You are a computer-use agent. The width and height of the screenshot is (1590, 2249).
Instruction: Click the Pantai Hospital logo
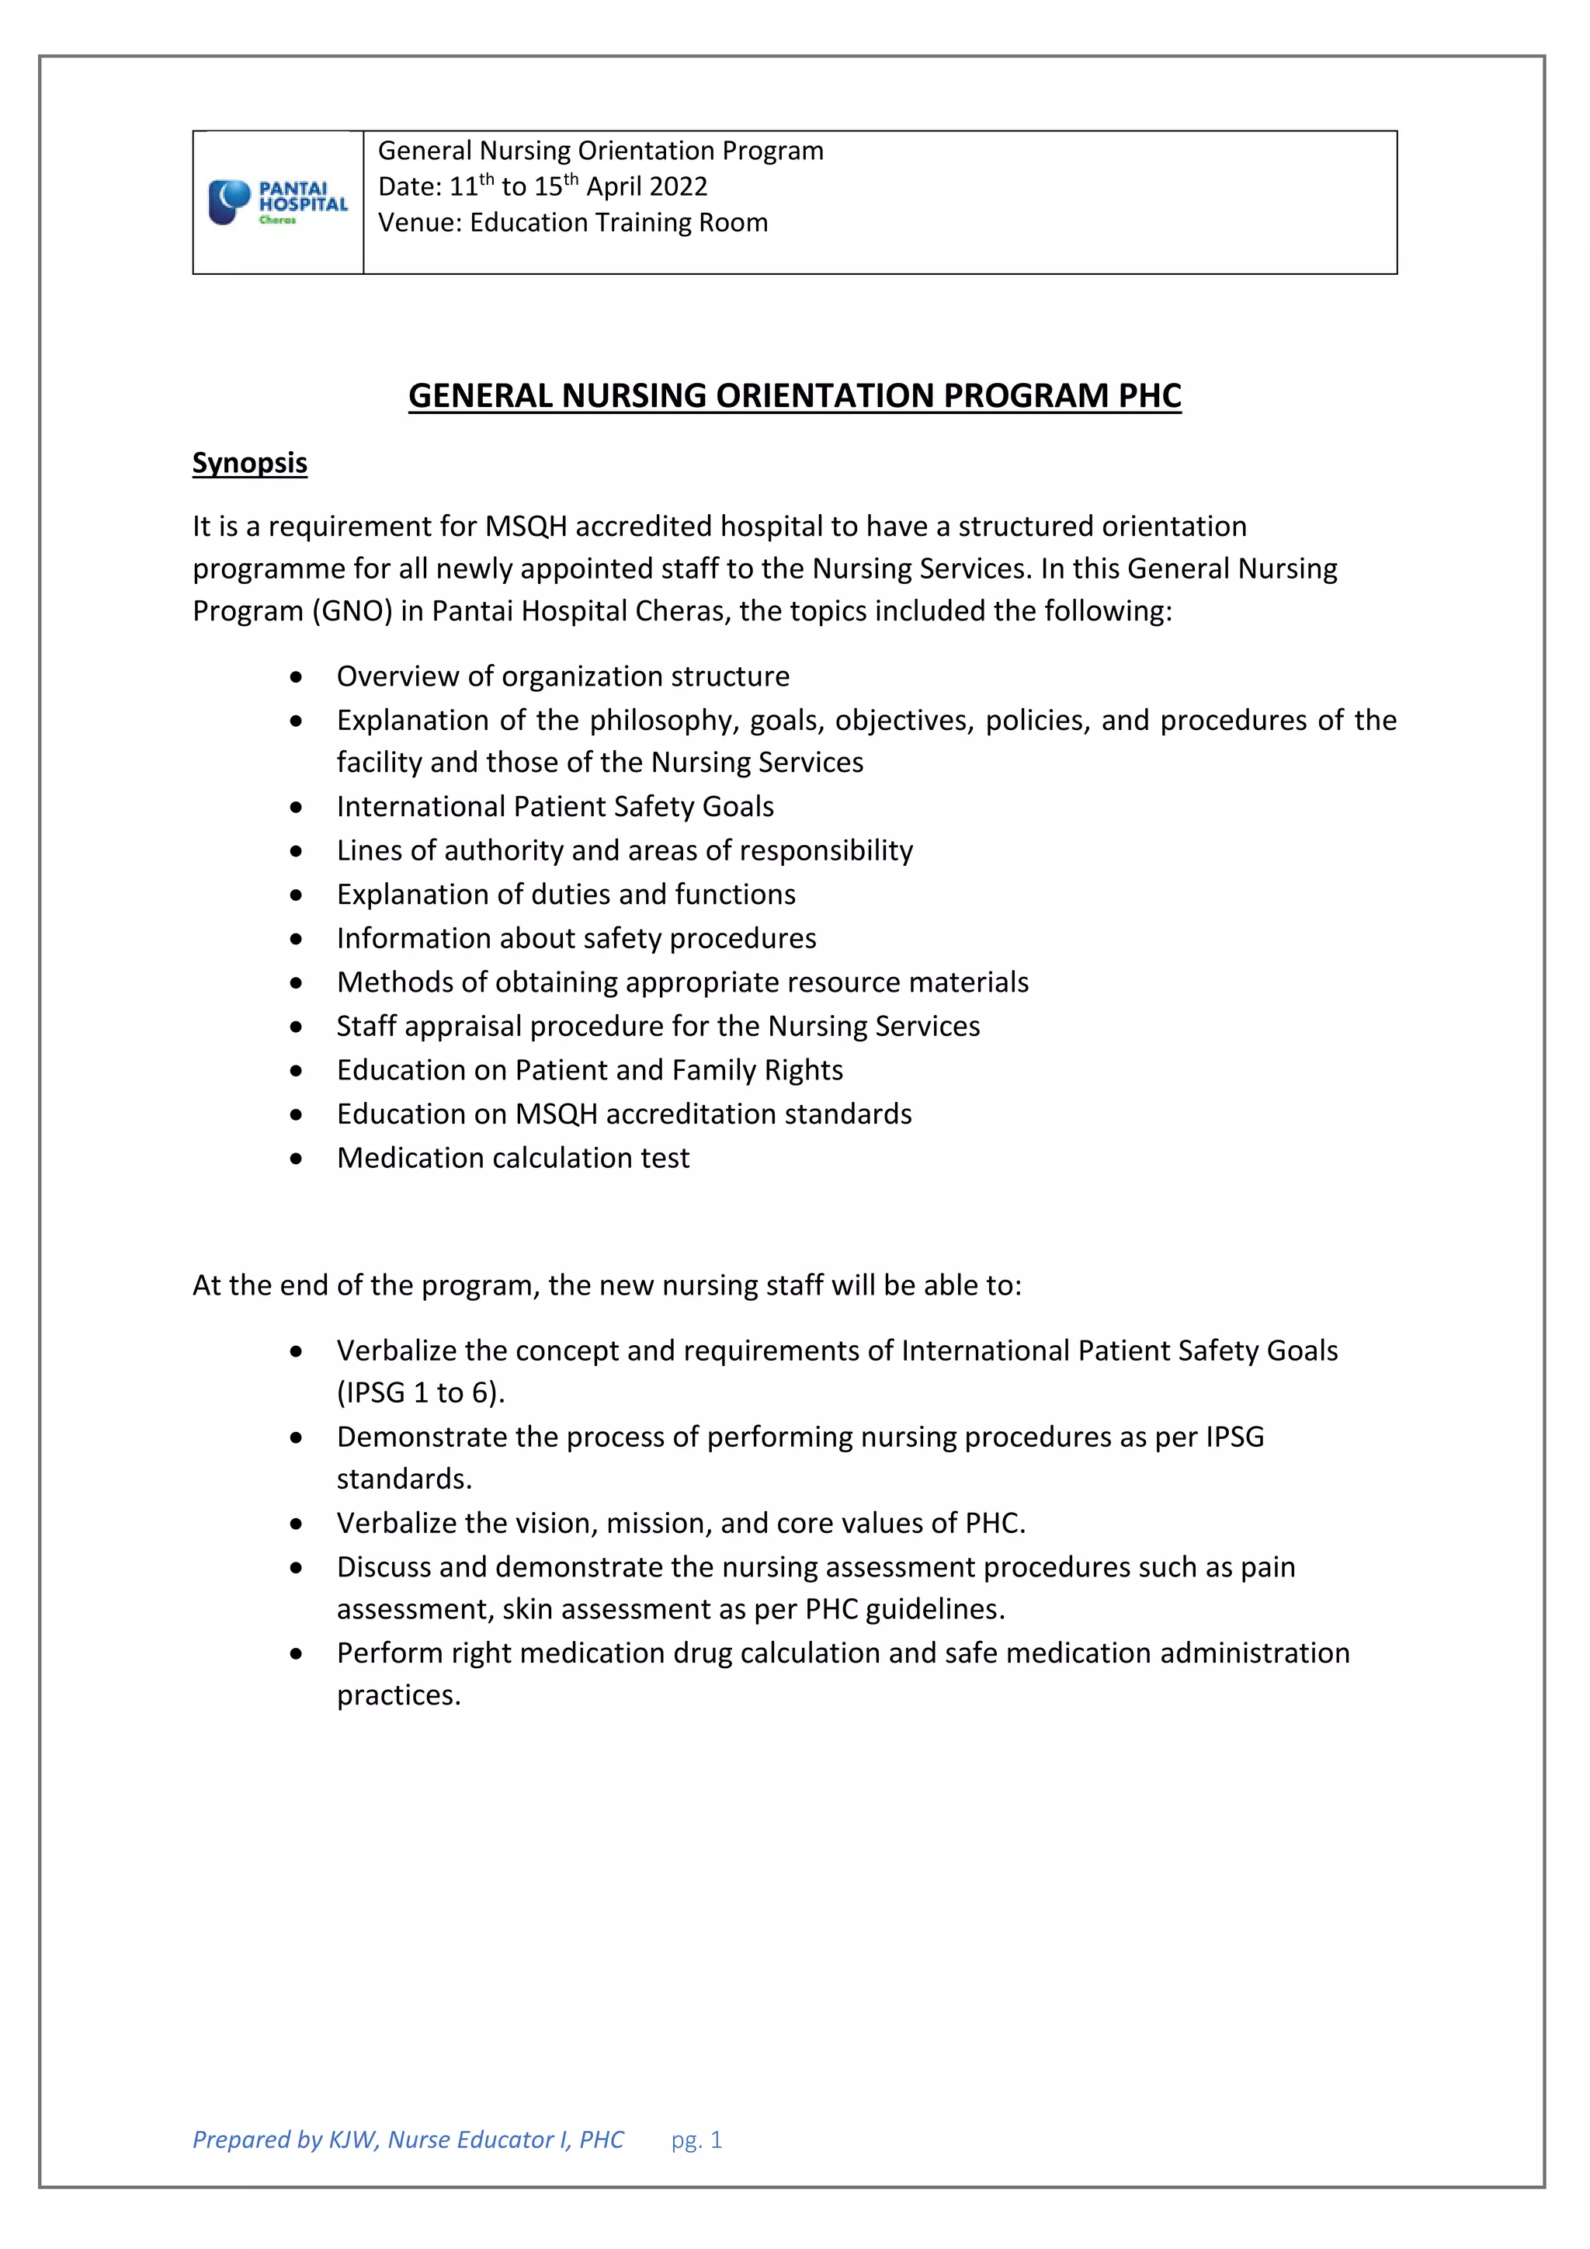[x=277, y=203]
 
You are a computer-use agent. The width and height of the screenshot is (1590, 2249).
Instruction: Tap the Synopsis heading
[x=250, y=462]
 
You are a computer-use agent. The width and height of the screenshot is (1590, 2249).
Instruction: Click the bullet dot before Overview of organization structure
[x=296, y=677]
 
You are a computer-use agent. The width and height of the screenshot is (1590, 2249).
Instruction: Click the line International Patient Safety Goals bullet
[x=555, y=806]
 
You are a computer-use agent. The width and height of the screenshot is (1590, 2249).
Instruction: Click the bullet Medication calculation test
[x=513, y=1158]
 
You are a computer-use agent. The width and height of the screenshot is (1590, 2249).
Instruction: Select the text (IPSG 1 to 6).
[x=421, y=1393]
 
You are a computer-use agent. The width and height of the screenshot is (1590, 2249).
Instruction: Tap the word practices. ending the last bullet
[x=398, y=1695]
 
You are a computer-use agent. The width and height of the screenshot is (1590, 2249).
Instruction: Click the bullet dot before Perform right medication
[x=296, y=1653]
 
